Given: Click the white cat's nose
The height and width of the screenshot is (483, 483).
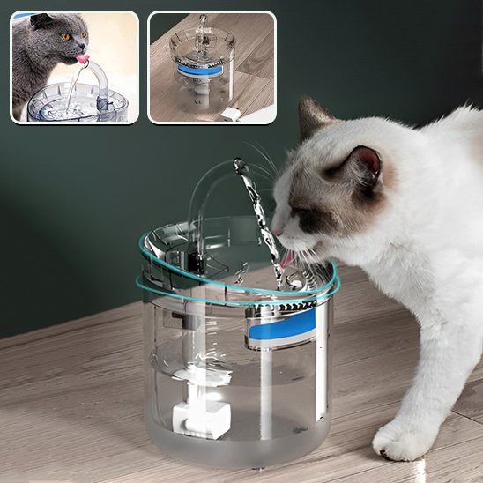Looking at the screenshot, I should pyautogui.click(x=277, y=230).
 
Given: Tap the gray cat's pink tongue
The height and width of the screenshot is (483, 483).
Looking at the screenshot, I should pyautogui.click(x=82, y=59).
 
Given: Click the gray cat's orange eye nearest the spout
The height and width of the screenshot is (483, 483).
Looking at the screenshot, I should pyautogui.click(x=65, y=36).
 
